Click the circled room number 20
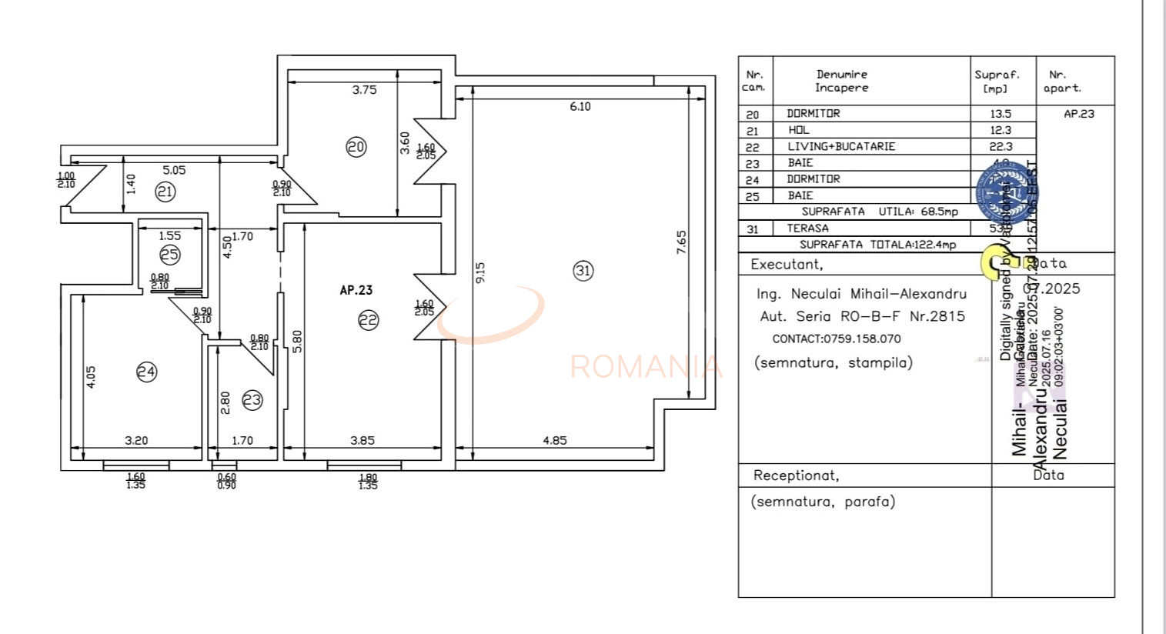pyautogui.click(x=356, y=147)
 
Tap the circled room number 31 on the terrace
pyautogui.click(x=583, y=270)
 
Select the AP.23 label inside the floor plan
pyautogui.click(x=356, y=290)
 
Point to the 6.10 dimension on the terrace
pyautogui.click(x=580, y=106)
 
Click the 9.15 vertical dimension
pyautogui.click(x=480, y=272)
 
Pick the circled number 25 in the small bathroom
pyautogui.click(x=169, y=254)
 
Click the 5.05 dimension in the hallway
pyautogui.click(x=173, y=170)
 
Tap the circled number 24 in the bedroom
pyautogui.click(x=146, y=372)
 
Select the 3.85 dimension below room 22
pyautogui.click(x=362, y=440)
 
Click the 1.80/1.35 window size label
pyautogui.click(x=368, y=482)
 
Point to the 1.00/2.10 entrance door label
pyautogui.click(x=66, y=179)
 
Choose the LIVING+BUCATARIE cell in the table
pyautogui.click(x=841, y=146)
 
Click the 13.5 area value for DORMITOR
pyautogui.click(x=1001, y=113)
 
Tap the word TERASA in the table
pyautogui.click(x=807, y=228)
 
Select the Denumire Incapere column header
pyautogui.click(x=841, y=81)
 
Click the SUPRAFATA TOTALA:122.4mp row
pyautogui.click(x=877, y=245)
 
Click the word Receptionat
pyautogui.click(x=796, y=475)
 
